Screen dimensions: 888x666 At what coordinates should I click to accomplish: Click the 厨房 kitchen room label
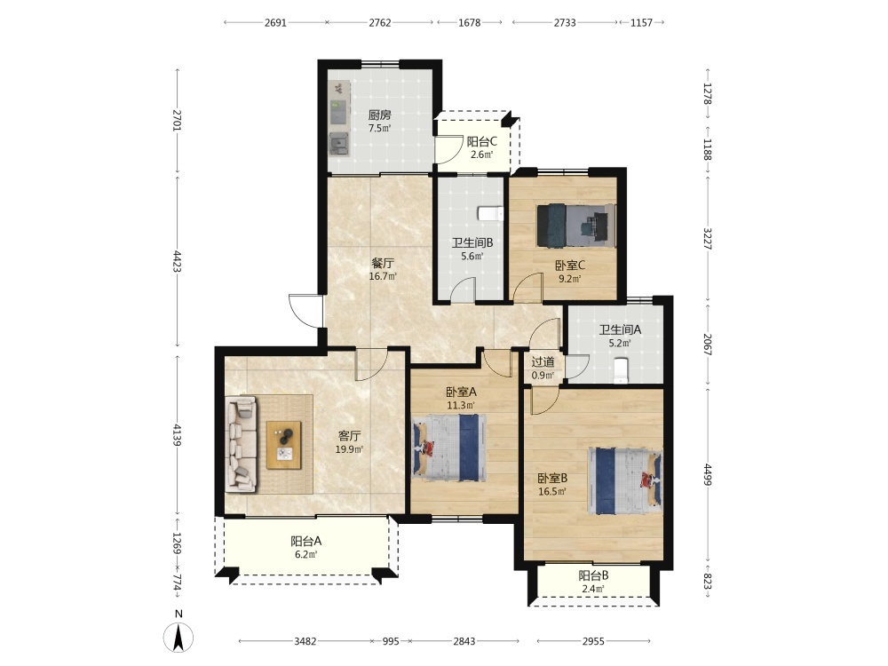[379, 115]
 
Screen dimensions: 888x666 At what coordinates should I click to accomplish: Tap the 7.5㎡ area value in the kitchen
[379, 129]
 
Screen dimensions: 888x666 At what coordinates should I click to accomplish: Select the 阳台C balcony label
[481, 141]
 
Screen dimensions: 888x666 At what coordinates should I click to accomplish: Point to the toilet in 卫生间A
[622, 370]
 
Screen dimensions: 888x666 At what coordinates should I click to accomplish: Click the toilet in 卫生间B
[490, 213]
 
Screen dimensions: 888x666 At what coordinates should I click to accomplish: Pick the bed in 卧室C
[576, 226]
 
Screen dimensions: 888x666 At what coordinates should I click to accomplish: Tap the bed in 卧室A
[449, 448]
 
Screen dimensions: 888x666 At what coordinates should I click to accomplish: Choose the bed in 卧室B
[625, 480]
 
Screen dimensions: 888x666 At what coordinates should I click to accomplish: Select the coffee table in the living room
[284, 445]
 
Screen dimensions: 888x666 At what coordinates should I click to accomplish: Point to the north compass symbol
[178, 635]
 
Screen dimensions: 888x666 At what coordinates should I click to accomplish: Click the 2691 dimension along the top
[275, 23]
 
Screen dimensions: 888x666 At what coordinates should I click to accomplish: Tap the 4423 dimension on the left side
[178, 261]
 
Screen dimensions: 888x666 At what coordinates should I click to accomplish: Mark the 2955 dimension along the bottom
[593, 641]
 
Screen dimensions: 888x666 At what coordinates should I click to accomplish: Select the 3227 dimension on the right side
[708, 239]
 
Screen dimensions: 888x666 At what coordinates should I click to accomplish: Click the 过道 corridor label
[543, 362]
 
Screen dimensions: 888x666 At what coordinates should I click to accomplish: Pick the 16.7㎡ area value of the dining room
[383, 276]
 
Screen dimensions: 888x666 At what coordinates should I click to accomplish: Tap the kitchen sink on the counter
[339, 144]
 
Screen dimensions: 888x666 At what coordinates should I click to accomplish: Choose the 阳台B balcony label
[593, 576]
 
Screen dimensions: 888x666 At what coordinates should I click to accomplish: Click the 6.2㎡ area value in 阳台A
[305, 554]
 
